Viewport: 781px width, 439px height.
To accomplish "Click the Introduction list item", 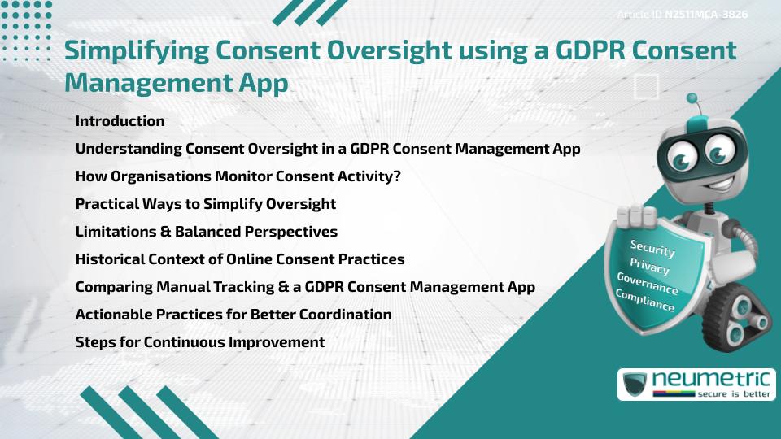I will [120, 121].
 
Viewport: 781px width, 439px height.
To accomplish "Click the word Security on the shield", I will [652, 249].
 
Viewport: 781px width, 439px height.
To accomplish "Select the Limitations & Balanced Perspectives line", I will [206, 232].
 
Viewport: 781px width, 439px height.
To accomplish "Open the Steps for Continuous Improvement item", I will [199, 342].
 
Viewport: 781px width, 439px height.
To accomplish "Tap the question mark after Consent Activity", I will [396, 176].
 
